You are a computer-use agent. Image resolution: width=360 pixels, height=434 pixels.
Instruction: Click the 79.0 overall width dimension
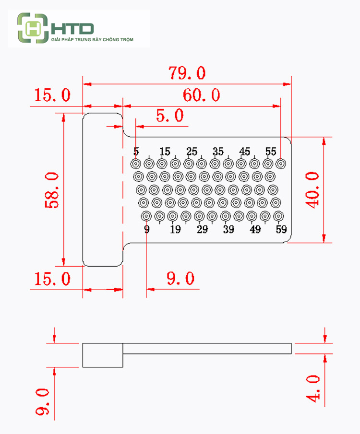[x=187, y=73]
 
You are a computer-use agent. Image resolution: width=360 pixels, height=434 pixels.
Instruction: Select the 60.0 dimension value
[x=201, y=95]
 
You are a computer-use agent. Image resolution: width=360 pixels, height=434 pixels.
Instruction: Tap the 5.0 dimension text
[x=170, y=116]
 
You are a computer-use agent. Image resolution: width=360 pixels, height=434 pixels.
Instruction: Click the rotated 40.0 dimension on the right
[x=312, y=189]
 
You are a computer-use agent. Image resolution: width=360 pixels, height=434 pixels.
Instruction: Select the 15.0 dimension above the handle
[x=52, y=95]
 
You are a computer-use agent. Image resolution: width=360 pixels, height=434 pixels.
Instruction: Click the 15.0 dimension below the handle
[x=52, y=279]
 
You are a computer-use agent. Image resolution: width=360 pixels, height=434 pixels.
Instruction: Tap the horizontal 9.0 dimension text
[x=180, y=279]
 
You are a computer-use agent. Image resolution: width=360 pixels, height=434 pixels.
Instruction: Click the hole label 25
[x=192, y=152]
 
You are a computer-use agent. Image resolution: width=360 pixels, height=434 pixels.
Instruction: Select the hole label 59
[x=281, y=229]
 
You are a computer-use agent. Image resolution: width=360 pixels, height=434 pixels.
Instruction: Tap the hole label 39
[x=228, y=229]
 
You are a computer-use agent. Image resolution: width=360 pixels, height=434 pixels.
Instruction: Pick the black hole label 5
[x=136, y=152]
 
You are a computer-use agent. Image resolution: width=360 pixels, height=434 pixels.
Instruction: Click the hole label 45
[x=244, y=152]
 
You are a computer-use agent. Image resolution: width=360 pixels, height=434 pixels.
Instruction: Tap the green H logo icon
[x=33, y=28]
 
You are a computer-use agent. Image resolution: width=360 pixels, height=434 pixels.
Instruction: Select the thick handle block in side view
[x=103, y=355]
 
